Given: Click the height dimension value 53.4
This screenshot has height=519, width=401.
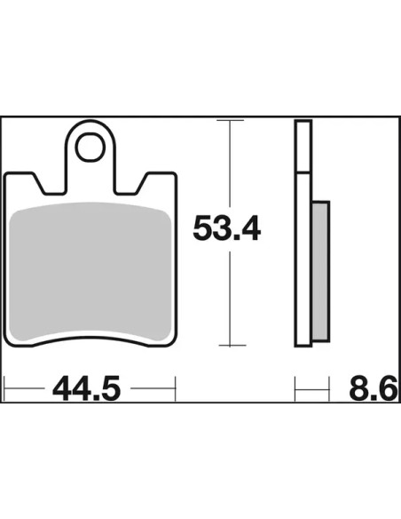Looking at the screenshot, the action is click(x=227, y=228).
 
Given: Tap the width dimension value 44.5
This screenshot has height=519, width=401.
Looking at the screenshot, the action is click(x=87, y=387).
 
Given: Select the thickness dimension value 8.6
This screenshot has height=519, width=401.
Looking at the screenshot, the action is click(x=373, y=387).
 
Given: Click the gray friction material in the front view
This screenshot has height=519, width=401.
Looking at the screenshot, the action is click(x=90, y=271).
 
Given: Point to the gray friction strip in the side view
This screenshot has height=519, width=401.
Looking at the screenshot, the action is click(x=320, y=271).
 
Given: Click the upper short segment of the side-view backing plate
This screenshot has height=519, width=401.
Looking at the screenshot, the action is click(x=303, y=147).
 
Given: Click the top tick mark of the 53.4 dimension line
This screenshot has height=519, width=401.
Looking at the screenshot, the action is click(x=230, y=120).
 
